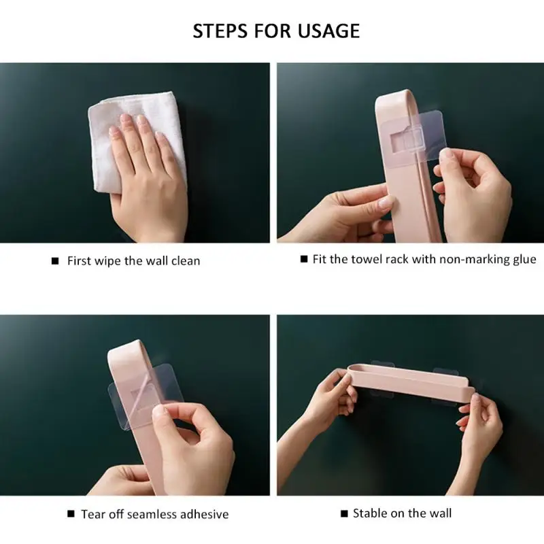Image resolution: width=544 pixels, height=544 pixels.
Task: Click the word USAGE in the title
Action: point(328,31)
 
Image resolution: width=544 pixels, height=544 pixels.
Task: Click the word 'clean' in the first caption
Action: point(186,261)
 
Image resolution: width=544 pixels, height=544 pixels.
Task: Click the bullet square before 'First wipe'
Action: point(55,261)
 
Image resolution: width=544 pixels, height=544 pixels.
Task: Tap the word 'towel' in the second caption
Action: point(364,260)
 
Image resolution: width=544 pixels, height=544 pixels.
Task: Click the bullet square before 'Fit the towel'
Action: point(304,259)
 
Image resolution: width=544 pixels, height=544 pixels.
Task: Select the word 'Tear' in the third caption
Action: point(92,514)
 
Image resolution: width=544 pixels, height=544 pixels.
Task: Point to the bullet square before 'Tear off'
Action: point(71,514)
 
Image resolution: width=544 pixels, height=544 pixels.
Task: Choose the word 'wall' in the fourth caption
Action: point(440,513)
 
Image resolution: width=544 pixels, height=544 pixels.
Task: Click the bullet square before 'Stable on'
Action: point(344,513)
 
